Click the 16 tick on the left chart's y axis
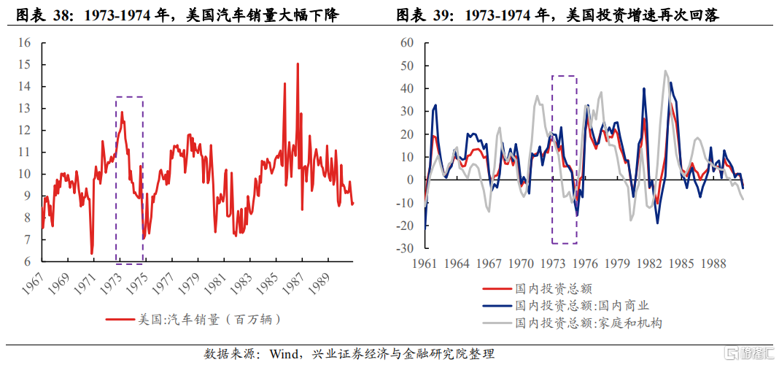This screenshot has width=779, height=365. [25, 43]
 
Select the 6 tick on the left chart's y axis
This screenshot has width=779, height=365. [28, 262]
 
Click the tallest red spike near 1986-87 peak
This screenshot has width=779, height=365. [298, 64]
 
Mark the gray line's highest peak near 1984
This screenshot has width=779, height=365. [665, 72]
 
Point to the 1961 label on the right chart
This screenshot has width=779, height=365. [424, 264]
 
